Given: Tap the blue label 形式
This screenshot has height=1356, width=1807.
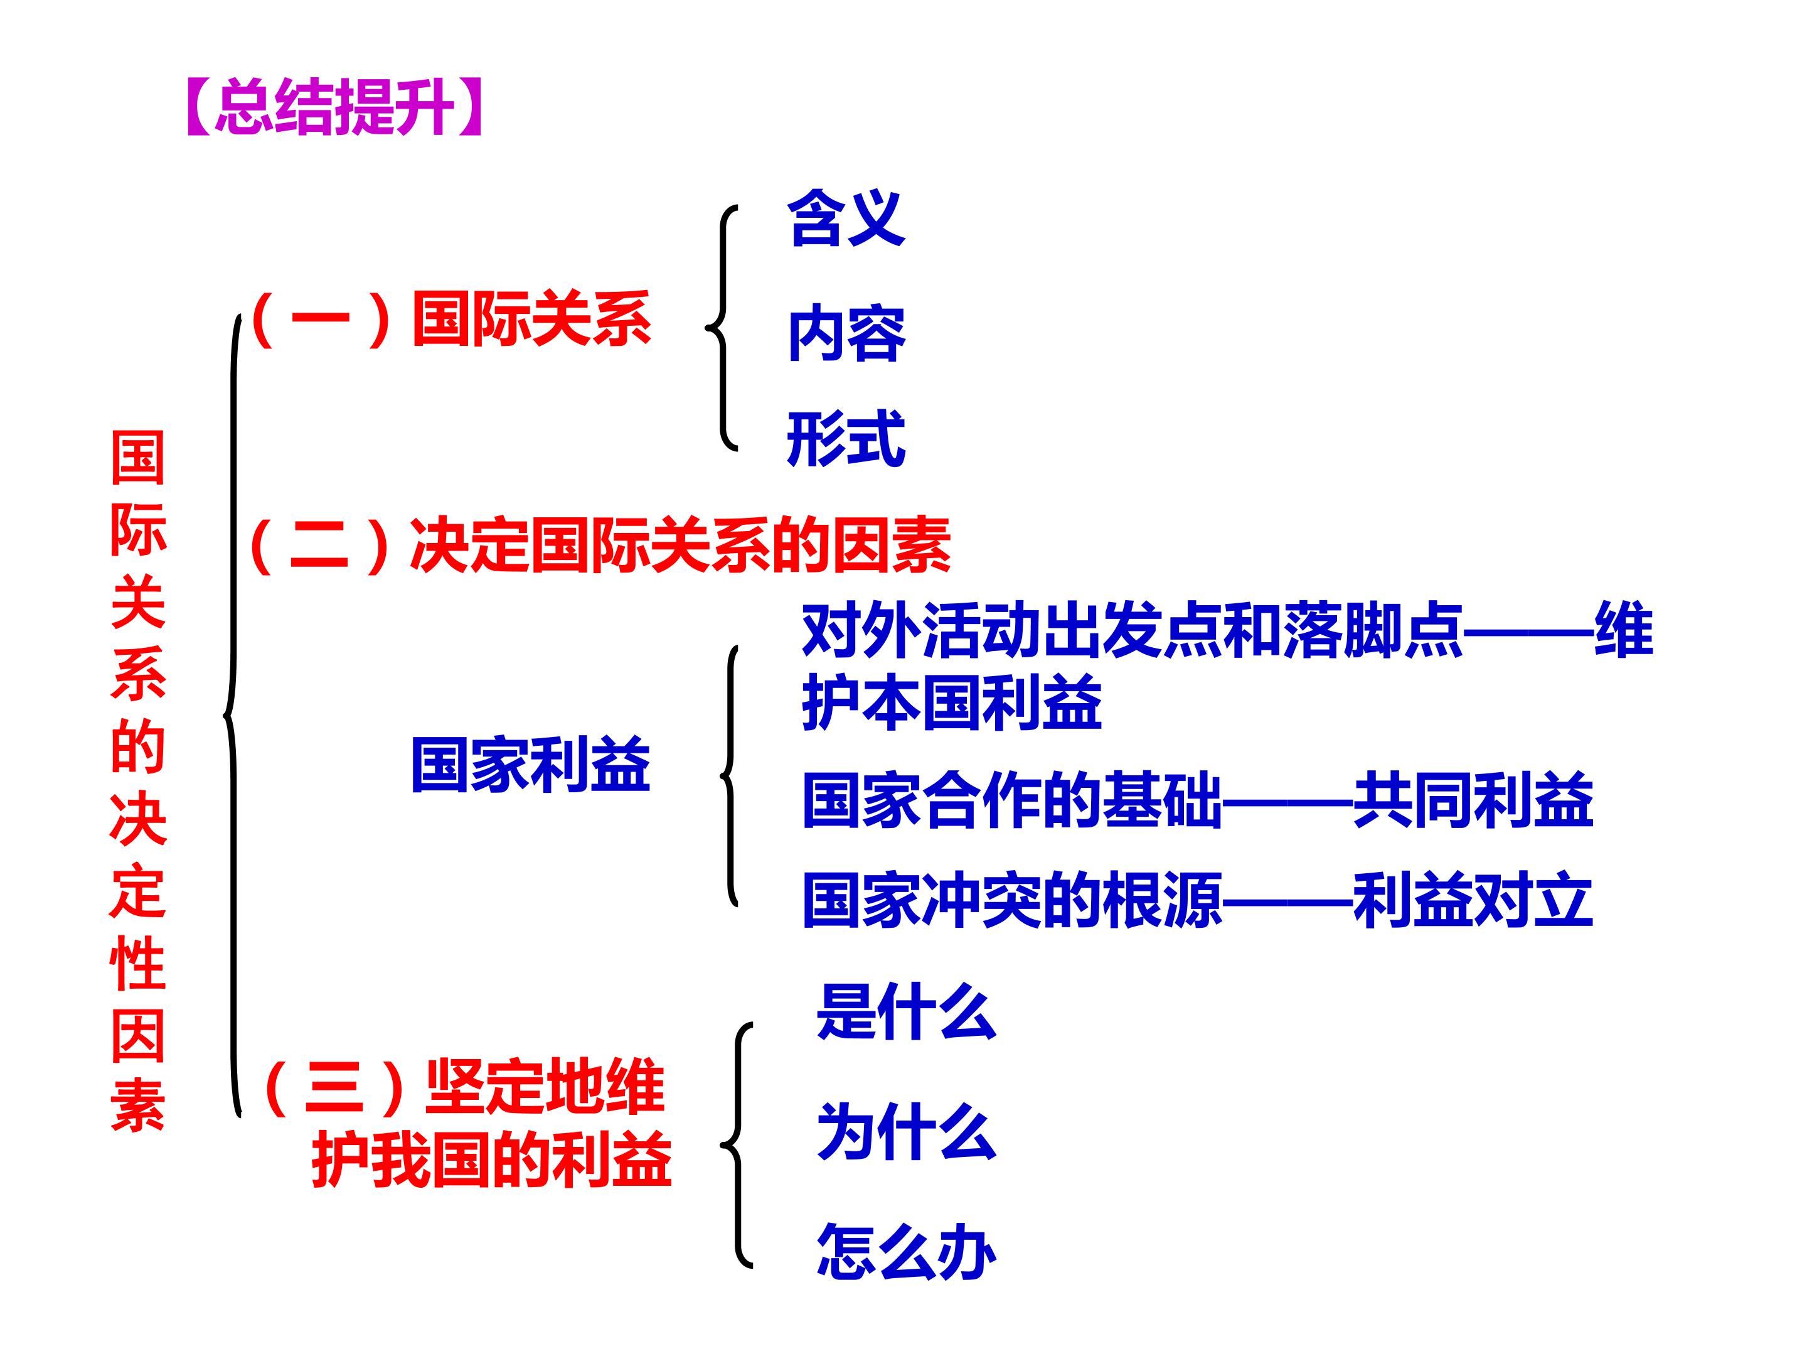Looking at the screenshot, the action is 846,439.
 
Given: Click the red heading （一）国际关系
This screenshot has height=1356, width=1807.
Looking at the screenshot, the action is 451,319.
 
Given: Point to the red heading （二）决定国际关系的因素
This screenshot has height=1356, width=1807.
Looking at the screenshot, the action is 600,545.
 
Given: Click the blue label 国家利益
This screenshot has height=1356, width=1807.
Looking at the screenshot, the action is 530,764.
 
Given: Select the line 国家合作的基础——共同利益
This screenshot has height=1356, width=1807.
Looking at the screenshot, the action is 1198,800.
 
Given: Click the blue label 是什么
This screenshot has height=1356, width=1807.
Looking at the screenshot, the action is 906,1012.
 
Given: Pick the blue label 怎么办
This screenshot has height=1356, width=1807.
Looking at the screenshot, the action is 906,1251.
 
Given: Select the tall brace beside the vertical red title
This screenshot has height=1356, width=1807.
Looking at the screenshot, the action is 233,715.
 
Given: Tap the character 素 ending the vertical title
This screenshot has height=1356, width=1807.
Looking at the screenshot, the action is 138,1106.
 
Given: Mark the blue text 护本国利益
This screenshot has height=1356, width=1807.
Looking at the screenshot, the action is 952,702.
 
